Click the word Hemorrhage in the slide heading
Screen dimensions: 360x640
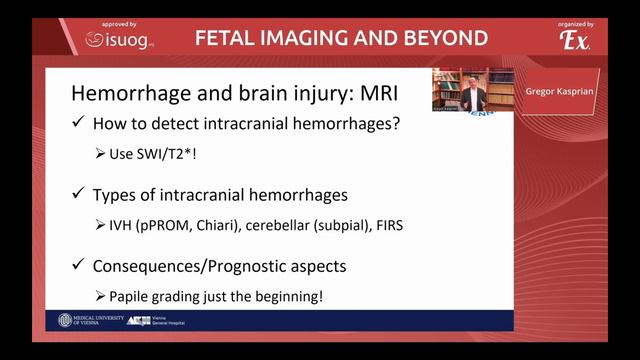pos(125,96)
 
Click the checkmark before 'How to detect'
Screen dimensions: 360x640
pos(79,126)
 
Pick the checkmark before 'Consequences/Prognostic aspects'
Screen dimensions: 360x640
pos(79,266)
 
